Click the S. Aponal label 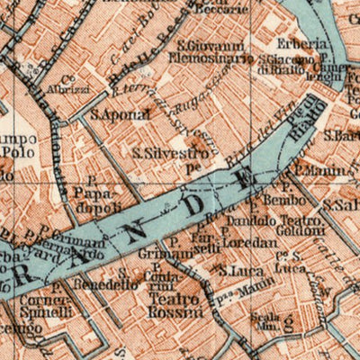tap(112, 116)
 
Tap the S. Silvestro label tap(174, 154)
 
